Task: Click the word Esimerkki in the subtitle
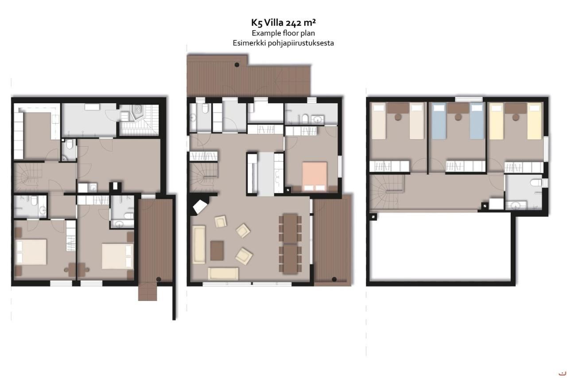tap(248, 43)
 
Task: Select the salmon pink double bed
tap(315, 174)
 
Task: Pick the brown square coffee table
tap(217, 250)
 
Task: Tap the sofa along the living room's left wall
tap(198, 244)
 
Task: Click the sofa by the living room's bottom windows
tap(223, 273)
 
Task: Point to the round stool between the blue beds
tap(458, 117)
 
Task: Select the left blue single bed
tap(438, 121)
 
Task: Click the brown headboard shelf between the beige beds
tap(398, 108)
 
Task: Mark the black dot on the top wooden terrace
tap(237, 65)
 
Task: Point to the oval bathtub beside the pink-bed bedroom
tap(305, 119)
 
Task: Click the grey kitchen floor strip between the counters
tap(266, 173)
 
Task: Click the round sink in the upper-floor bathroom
tap(516, 205)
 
